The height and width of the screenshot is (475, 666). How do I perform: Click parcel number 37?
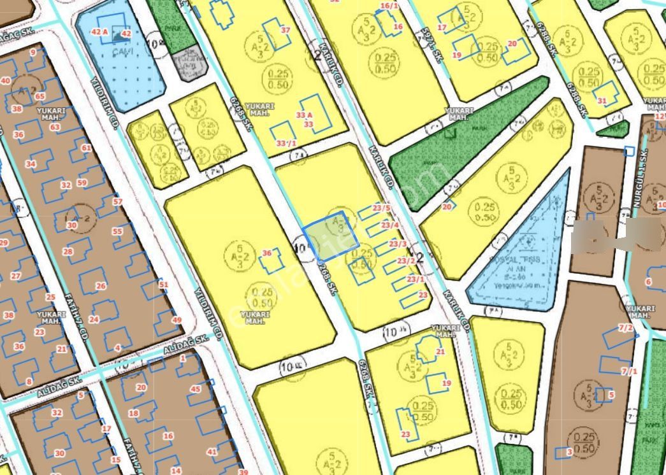286,30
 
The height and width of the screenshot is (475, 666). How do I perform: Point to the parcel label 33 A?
305,115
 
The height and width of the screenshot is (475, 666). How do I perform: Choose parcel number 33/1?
286,143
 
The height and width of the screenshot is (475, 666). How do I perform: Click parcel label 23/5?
382,208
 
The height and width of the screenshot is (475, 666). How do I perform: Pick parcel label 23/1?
416,279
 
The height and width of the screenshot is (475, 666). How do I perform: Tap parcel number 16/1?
389,6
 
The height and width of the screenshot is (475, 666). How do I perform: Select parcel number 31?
602,101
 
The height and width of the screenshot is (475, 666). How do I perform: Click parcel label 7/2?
626,327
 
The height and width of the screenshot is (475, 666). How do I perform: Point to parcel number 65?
40,96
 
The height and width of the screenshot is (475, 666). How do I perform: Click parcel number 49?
177,320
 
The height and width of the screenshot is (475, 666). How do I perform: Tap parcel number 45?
196,389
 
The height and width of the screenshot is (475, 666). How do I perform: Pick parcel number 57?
117,202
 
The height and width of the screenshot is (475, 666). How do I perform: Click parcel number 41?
212,451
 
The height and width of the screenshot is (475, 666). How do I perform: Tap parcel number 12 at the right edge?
660,117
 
